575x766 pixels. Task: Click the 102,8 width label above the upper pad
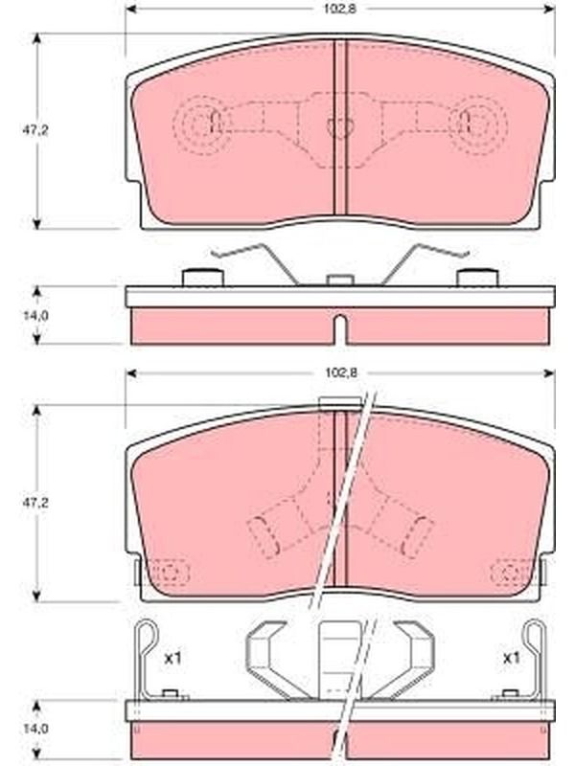341,10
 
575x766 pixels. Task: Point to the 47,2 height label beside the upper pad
35,131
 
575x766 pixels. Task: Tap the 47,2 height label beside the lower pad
34,503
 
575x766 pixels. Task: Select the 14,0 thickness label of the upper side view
35,316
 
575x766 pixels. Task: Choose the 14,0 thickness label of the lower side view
35,730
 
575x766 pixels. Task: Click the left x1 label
172,659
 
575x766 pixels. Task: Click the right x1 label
511,659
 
